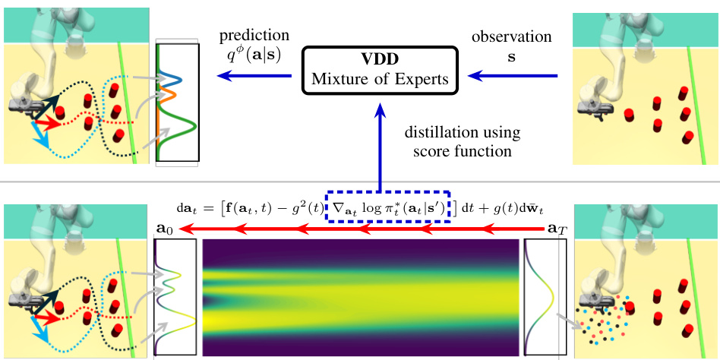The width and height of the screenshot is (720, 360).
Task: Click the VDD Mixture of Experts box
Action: [380, 71]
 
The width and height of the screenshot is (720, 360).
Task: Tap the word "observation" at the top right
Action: [510, 36]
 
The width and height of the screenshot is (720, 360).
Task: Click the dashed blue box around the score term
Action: [389, 204]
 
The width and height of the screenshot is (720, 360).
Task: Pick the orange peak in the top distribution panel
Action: [169, 94]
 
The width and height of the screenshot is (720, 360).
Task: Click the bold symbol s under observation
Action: [510, 57]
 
